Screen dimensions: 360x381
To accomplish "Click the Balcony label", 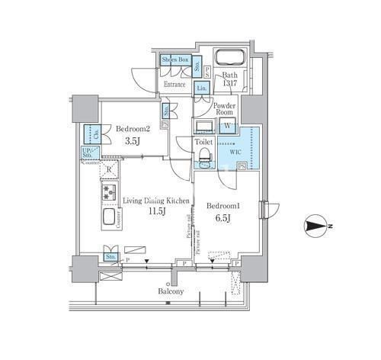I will [x=171, y=291].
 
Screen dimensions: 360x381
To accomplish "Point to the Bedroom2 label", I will [x=132, y=130].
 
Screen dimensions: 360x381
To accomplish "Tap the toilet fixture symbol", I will [x=203, y=156].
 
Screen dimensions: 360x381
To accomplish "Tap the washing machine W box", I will [x=227, y=126].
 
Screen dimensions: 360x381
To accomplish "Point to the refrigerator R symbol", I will [x=110, y=169].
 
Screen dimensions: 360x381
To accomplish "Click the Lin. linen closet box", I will [x=201, y=88].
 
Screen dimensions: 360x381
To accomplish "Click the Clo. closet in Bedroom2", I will [x=88, y=133].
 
